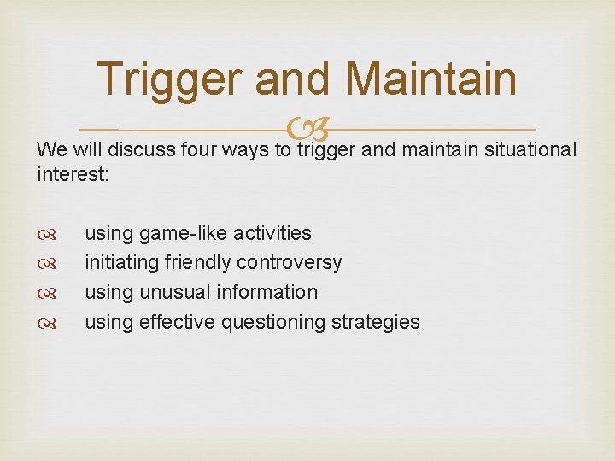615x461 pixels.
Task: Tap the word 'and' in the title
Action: click(x=292, y=79)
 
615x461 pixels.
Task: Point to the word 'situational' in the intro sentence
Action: click(x=530, y=149)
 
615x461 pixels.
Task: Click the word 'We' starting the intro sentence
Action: click(x=50, y=149)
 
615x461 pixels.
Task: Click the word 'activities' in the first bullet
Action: click(x=272, y=233)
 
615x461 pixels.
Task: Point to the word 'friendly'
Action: click(x=196, y=262)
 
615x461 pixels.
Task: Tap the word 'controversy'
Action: click(x=289, y=262)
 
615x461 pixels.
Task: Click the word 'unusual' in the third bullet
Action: click(x=175, y=292)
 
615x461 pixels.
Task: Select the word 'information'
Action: click(x=266, y=292)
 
